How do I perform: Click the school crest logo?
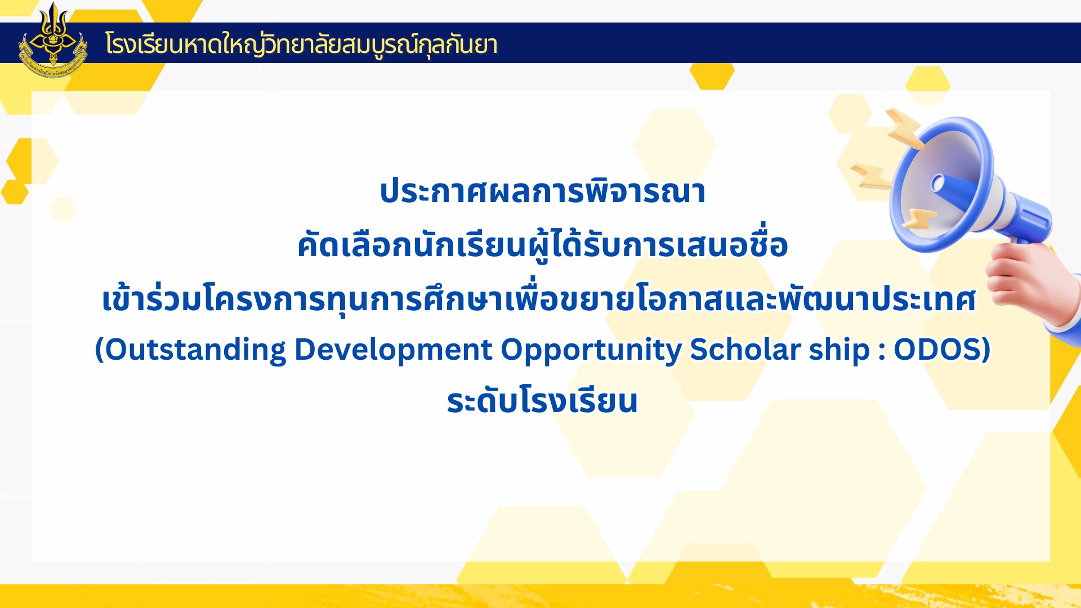[53, 41]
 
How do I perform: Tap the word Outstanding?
[195, 350]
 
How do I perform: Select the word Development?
[393, 350]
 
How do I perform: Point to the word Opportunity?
[591, 350]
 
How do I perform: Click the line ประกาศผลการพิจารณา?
[542, 191]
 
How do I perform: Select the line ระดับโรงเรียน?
[542, 401]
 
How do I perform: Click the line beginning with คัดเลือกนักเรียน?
[542, 244]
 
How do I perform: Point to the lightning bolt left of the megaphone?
[870, 176]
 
